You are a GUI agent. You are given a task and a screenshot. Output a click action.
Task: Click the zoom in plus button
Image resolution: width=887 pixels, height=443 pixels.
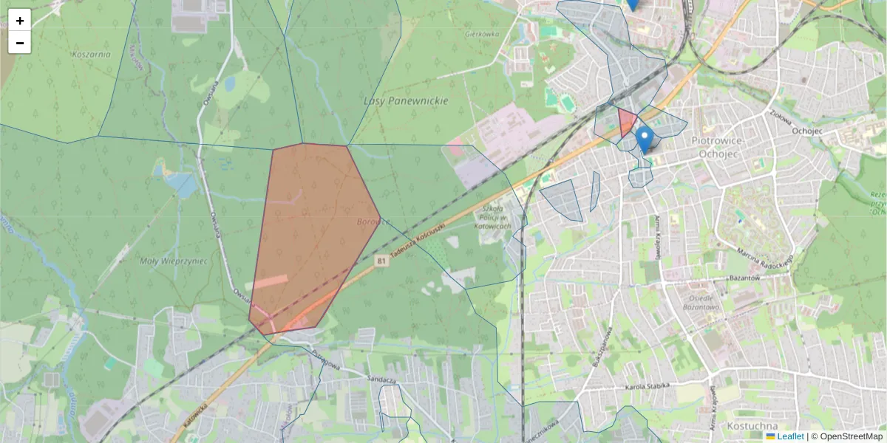(x=20, y=21)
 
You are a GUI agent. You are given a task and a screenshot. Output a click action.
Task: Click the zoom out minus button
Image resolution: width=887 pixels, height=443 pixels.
(x=20, y=43)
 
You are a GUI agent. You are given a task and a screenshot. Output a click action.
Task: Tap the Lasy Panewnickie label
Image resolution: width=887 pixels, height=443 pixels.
(x=406, y=100)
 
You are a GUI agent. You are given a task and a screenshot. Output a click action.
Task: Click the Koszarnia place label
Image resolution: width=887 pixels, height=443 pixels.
(x=92, y=54)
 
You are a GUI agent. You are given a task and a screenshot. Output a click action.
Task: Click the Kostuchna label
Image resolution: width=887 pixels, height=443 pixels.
(x=751, y=426)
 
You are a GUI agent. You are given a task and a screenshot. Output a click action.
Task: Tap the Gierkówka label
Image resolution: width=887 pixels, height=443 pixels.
(x=483, y=34)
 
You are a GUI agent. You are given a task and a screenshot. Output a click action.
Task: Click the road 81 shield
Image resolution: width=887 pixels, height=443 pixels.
(x=381, y=261)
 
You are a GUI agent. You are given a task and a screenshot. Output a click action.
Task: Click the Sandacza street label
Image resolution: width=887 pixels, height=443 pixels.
(x=382, y=379)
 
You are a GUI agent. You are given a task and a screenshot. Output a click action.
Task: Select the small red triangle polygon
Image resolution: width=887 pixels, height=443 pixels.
(x=626, y=121)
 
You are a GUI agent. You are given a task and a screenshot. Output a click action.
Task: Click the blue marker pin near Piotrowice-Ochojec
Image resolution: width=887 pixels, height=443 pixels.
(x=645, y=138)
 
